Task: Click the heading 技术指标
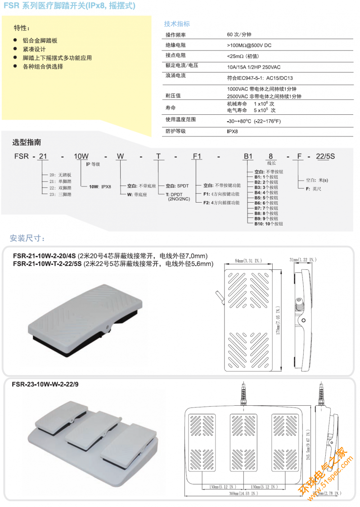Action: coord(177,24)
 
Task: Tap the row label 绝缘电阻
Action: coord(175,45)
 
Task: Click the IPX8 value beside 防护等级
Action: coord(232,131)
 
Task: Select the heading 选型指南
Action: coord(27,142)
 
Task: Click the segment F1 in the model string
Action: coord(197,156)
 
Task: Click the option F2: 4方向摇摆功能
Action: coord(221,203)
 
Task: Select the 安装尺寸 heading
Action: coord(27,238)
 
